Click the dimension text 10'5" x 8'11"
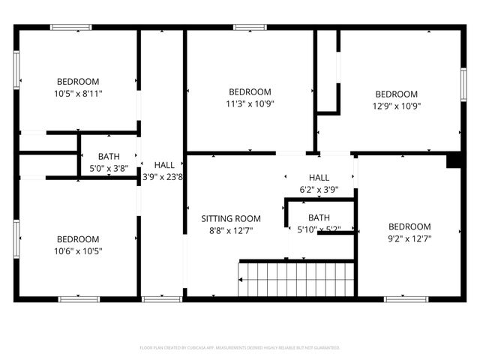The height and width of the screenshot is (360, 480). point(78,94)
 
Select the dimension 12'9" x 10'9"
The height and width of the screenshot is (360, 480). point(396,106)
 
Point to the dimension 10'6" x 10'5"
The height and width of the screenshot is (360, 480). point(78,251)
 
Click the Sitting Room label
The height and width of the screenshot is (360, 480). point(231,219)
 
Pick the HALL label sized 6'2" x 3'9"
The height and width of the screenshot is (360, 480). point(319,177)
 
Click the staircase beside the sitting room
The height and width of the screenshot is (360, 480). point(295,279)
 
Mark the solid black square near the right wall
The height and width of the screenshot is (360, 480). point(453,160)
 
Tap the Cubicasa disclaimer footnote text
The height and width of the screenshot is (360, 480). point(240,348)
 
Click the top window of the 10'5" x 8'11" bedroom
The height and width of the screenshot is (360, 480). point(70,28)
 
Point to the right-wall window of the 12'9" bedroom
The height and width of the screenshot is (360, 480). point(463,80)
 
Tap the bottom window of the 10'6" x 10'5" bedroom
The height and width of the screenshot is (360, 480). point(79,299)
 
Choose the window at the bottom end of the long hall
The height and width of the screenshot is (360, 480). point(162,299)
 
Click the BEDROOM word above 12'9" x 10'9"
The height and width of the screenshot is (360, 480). point(396,94)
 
